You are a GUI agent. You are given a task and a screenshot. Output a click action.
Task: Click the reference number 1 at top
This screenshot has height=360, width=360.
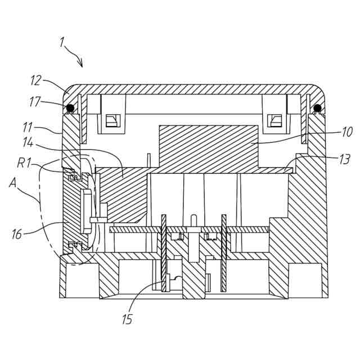click(61, 42)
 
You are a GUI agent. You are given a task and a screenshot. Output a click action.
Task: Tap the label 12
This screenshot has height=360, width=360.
click(35, 80)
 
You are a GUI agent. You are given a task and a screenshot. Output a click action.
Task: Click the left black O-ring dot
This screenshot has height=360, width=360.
click(70, 108)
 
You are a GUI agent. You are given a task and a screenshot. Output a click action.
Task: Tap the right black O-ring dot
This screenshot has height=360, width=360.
click(317, 108)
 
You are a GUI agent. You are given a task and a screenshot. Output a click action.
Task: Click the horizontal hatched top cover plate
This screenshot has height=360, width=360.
click(191, 89)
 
